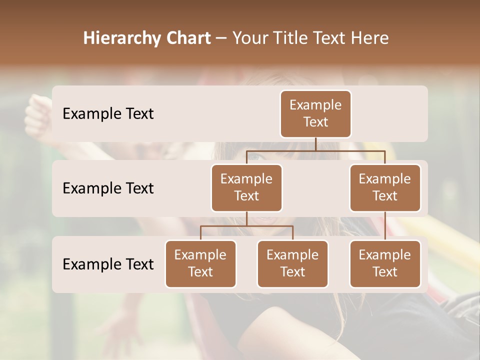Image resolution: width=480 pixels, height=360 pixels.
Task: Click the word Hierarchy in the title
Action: (122, 38)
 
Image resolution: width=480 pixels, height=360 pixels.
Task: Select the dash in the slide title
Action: (221, 38)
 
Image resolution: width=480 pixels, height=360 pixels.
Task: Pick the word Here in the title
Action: (369, 38)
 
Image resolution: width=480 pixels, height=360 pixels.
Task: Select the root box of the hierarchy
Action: (315, 113)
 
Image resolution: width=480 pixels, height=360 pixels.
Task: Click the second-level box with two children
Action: (246, 187)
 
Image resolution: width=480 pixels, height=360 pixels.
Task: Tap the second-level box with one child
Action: (385, 187)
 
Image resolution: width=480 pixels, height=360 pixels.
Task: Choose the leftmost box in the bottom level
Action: (200, 263)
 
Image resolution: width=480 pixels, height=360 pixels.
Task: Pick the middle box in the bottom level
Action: (292, 263)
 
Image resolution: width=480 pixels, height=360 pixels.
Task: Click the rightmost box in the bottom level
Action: (385, 263)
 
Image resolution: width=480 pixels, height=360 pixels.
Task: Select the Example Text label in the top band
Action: (108, 114)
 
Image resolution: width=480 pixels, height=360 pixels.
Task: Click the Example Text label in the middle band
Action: (108, 188)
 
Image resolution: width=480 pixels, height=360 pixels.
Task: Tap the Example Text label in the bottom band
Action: (108, 264)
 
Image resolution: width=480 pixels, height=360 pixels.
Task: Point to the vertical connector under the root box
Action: (315, 144)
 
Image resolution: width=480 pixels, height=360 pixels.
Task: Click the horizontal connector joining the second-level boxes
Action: (315, 150)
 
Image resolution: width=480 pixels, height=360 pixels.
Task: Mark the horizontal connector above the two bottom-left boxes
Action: (246, 226)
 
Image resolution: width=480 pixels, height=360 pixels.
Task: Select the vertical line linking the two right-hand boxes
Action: (385, 226)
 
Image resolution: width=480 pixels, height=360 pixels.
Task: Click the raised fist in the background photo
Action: (37, 114)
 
